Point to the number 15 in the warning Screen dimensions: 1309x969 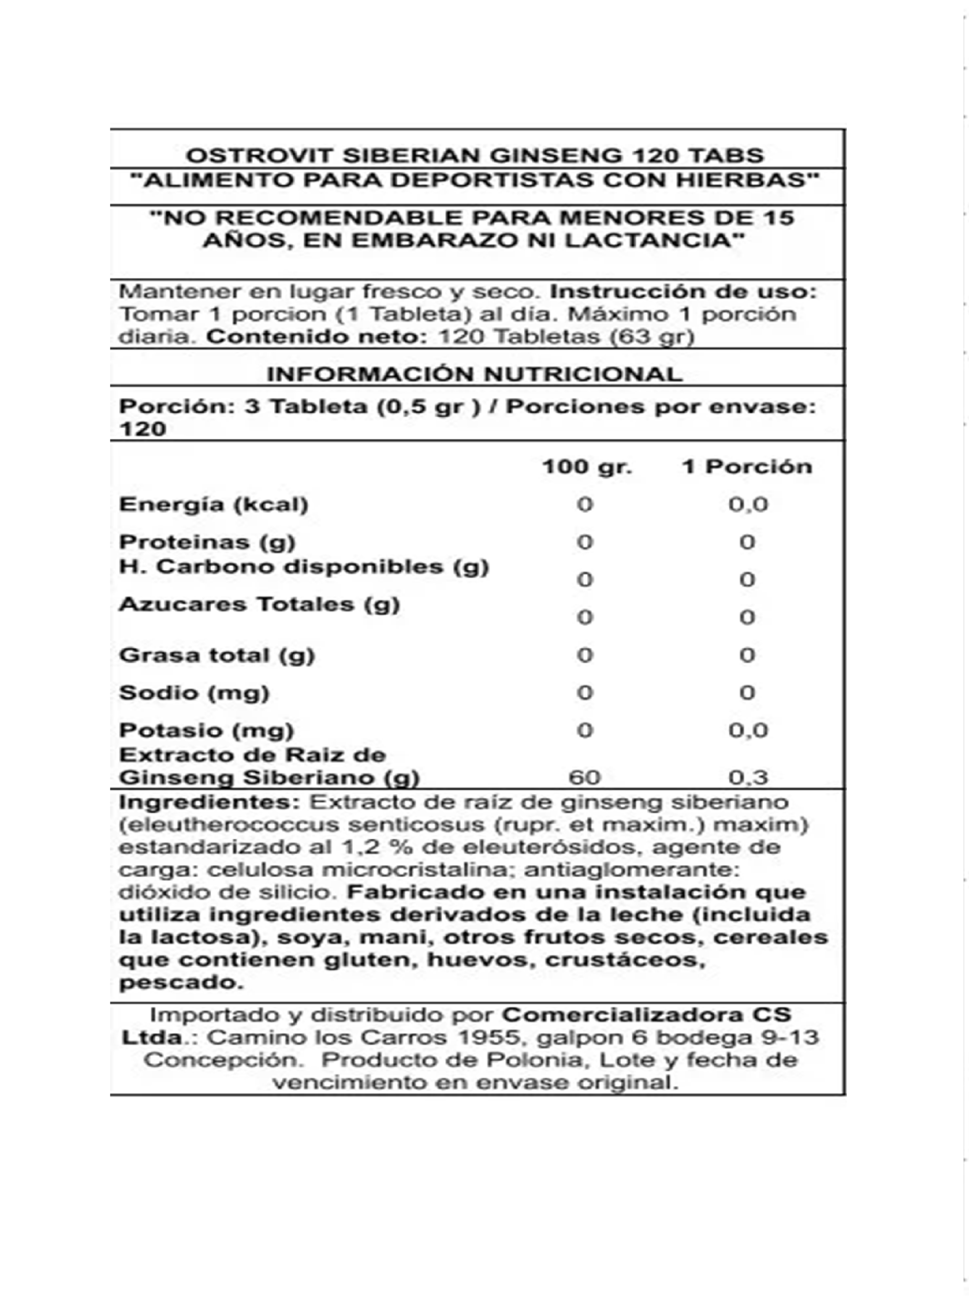[x=779, y=217]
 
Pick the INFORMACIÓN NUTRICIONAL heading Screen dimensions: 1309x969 [x=475, y=374]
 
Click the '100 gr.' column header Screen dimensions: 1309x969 [x=586, y=467]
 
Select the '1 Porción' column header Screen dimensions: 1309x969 [x=746, y=467]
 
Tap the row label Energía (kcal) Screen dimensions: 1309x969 [x=213, y=505]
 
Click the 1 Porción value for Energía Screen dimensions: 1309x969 [x=748, y=505]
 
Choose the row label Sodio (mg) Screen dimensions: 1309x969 [x=194, y=693]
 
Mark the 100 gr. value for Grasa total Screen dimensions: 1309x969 [x=585, y=656]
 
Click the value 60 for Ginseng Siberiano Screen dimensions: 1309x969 [x=585, y=778]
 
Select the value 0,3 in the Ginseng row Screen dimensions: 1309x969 [x=748, y=778]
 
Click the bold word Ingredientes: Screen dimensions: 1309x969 [x=210, y=802]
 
